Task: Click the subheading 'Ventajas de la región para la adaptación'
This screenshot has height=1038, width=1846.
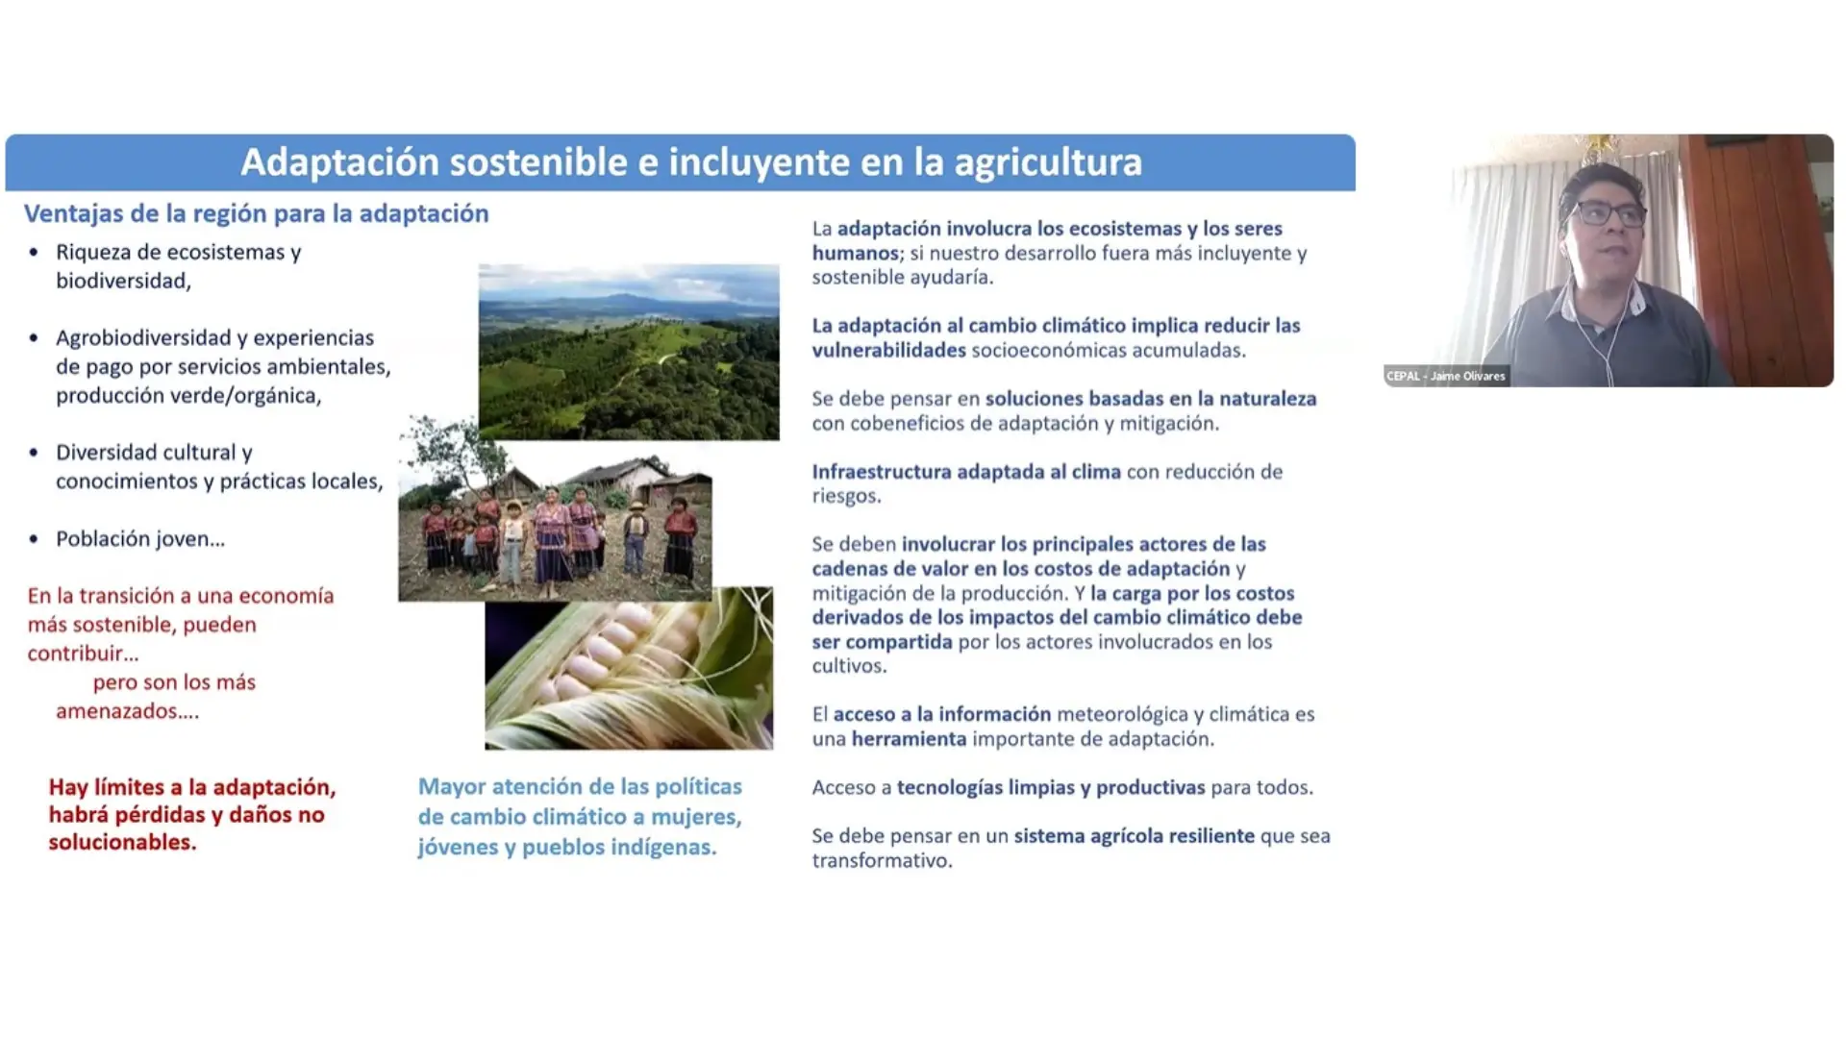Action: coord(257,213)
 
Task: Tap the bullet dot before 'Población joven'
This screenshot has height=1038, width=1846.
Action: coord(35,539)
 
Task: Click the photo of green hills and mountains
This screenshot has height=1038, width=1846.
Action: coord(629,352)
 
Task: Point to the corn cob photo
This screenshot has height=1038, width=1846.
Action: coord(629,668)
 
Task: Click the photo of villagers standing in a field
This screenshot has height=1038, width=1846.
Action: coord(555,509)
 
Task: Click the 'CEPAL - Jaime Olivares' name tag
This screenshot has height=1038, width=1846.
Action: coord(1446,376)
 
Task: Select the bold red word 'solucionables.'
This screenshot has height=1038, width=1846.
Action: coord(122,843)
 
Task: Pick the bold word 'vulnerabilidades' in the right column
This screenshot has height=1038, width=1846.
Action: coord(888,350)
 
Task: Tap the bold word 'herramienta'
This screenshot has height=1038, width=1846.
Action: coord(909,739)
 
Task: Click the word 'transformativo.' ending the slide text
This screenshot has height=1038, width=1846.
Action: coord(882,861)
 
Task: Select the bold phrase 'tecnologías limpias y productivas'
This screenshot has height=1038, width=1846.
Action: coord(1051,788)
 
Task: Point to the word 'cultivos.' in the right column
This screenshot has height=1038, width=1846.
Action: coord(849,666)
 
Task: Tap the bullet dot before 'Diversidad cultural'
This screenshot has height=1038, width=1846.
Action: coord(35,453)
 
